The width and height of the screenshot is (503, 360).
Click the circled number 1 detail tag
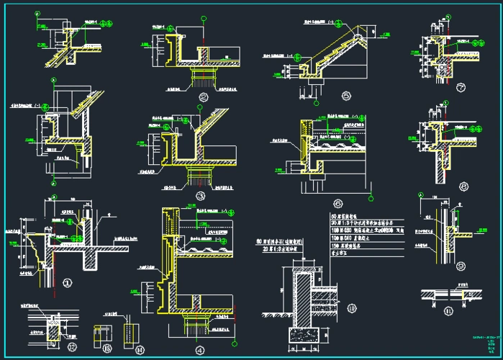69,282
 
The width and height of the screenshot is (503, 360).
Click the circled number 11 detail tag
448,311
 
